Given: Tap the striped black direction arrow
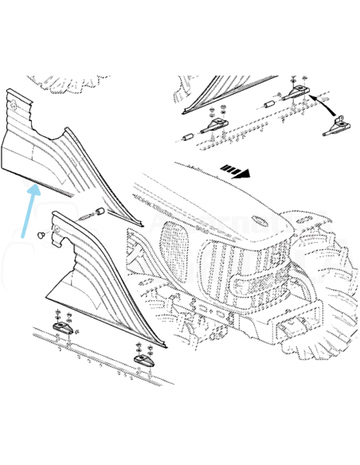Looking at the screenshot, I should [x=237, y=170].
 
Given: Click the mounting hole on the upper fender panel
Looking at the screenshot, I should [x=14, y=104].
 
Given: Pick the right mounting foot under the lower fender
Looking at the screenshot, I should [x=143, y=358].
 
